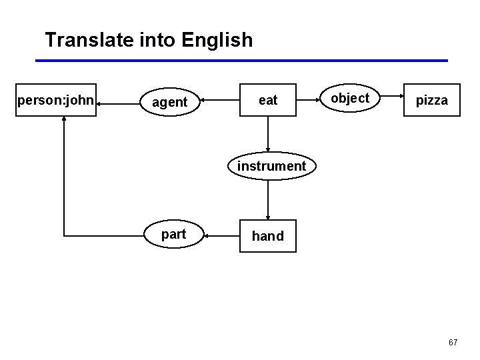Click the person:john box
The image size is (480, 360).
click(x=56, y=100)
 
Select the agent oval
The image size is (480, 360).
click(x=170, y=102)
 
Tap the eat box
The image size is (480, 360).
click(x=268, y=100)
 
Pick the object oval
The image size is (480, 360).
click(x=350, y=98)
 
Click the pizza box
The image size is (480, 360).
click(x=432, y=100)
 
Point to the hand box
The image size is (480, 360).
click(x=268, y=236)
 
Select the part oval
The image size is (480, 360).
click(x=174, y=235)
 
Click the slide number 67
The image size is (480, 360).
click(x=453, y=343)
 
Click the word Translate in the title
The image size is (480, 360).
click(x=90, y=40)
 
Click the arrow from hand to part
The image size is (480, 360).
click(x=221, y=235)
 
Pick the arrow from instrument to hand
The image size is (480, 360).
click(x=268, y=199)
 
